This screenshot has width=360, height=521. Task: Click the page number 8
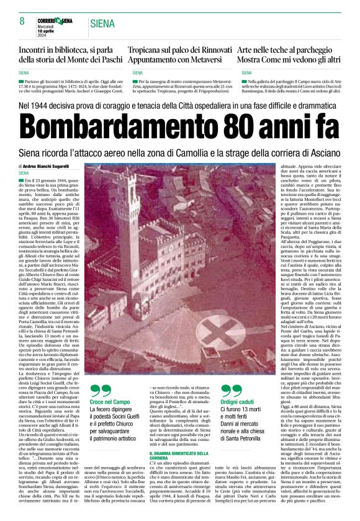coord(22,21)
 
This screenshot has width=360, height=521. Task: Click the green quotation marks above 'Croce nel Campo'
coord(101,390)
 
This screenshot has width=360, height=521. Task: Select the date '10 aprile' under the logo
coord(50,29)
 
